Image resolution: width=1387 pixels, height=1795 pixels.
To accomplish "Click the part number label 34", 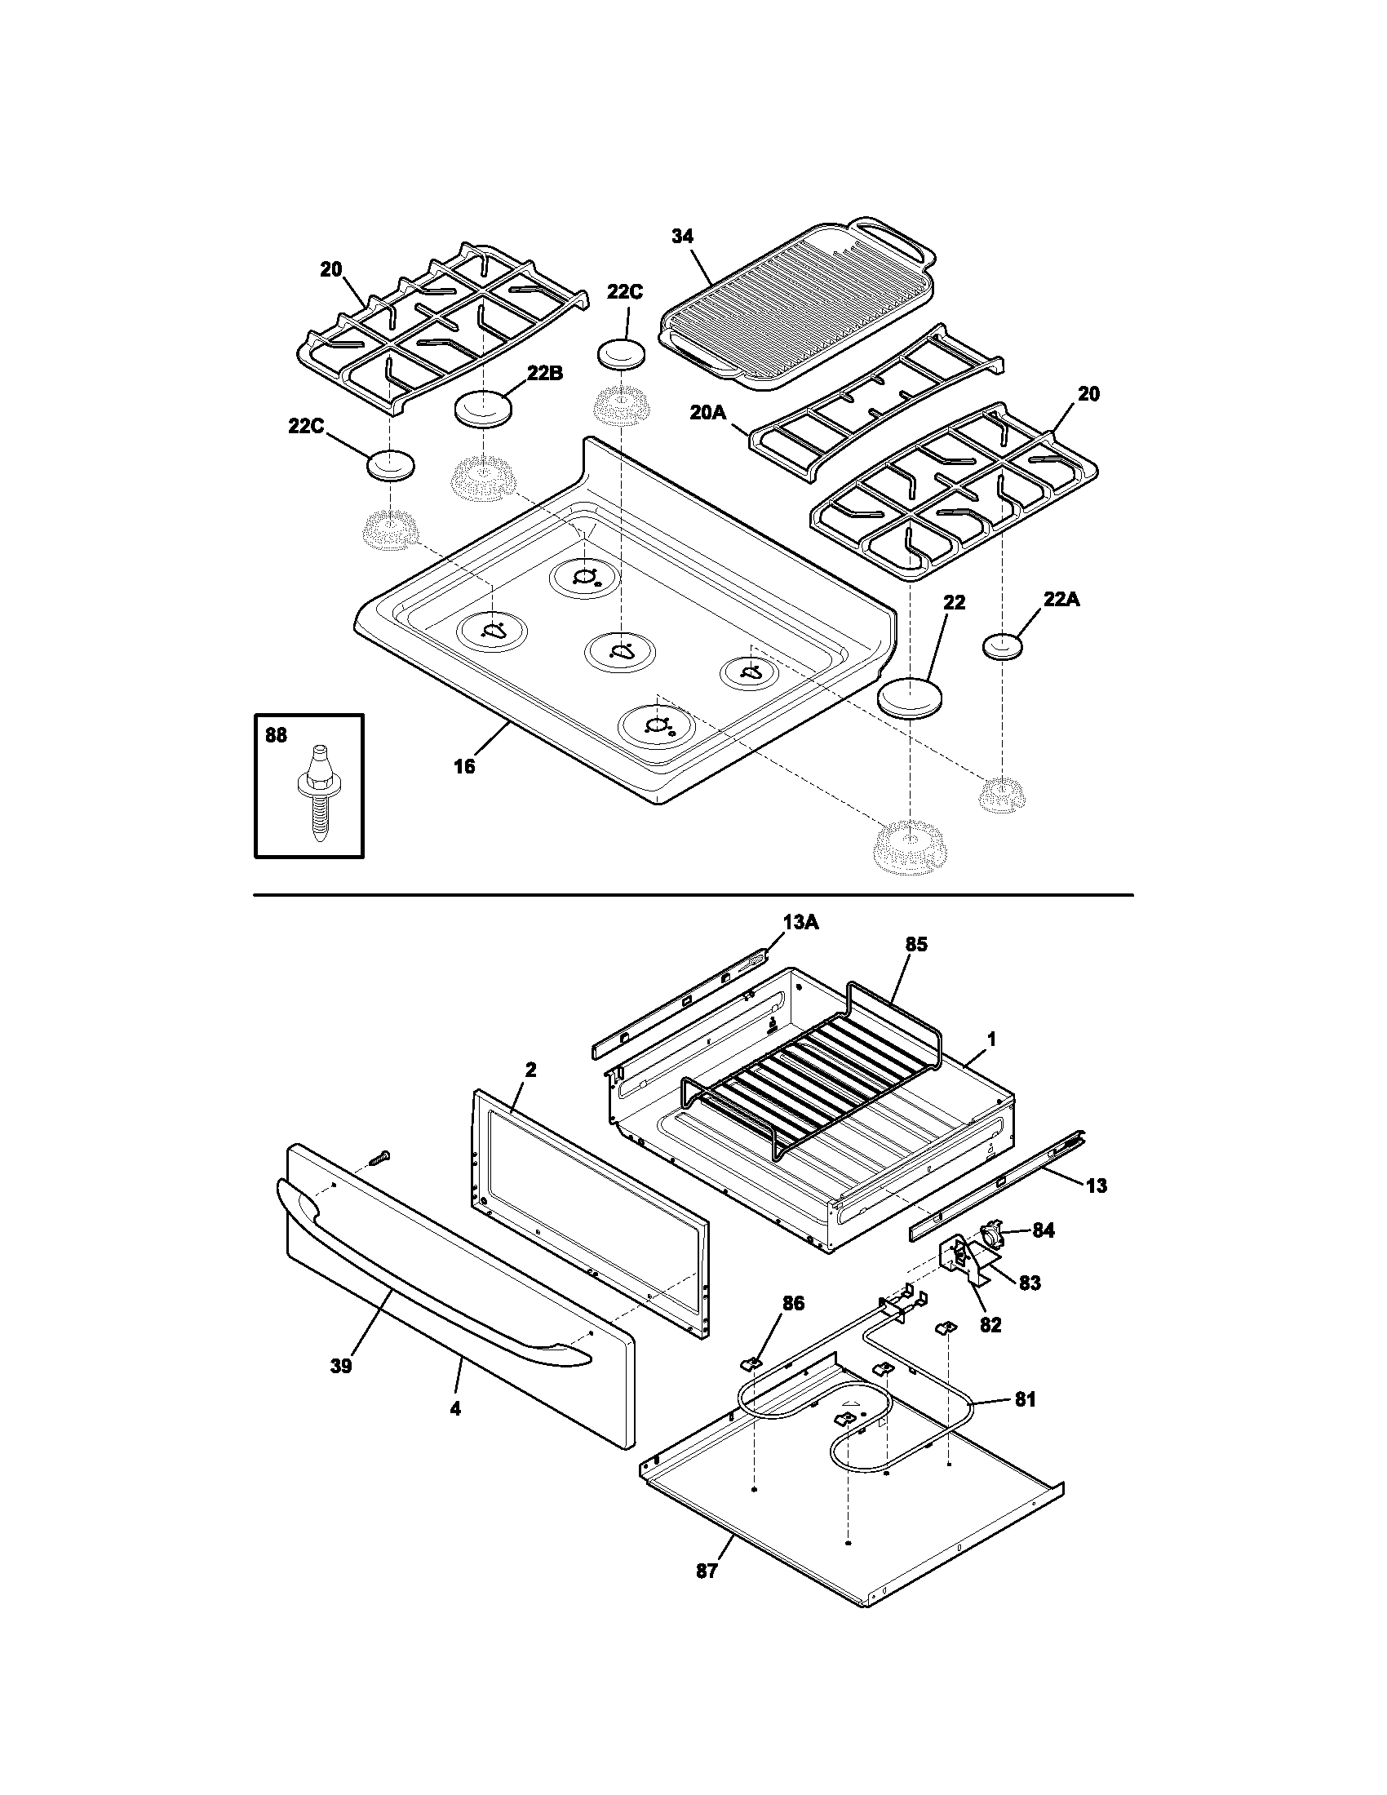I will click(682, 236).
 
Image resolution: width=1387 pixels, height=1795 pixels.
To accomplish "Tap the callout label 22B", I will click(545, 373).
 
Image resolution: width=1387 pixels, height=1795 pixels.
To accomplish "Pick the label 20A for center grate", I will click(707, 412).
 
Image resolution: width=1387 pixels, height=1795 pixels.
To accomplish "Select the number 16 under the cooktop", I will click(464, 766).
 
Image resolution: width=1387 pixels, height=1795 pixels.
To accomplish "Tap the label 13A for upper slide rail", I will click(800, 923).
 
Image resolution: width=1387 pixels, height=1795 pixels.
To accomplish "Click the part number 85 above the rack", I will click(916, 944).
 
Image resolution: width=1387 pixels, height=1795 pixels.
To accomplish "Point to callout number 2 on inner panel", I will click(530, 1070).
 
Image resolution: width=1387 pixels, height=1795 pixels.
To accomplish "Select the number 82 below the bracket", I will click(991, 1324).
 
